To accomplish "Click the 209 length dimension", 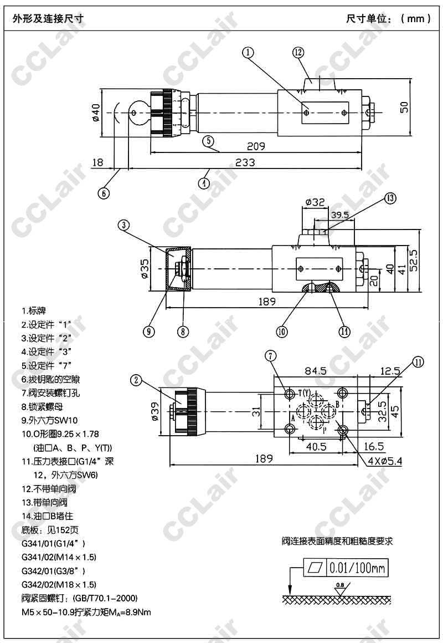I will (x=256, y=146).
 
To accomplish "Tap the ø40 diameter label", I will (x=95, y=112).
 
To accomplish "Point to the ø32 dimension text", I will (x=315, y=203).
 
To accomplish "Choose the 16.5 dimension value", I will (x=374, y=446).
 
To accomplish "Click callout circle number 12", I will (x=298, y=53).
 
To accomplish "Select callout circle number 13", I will (x=391, y=198).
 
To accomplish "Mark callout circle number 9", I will (x=148, y=331).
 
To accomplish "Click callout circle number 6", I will (x=104, y=193).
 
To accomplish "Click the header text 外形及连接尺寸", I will (x=48, y=18).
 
